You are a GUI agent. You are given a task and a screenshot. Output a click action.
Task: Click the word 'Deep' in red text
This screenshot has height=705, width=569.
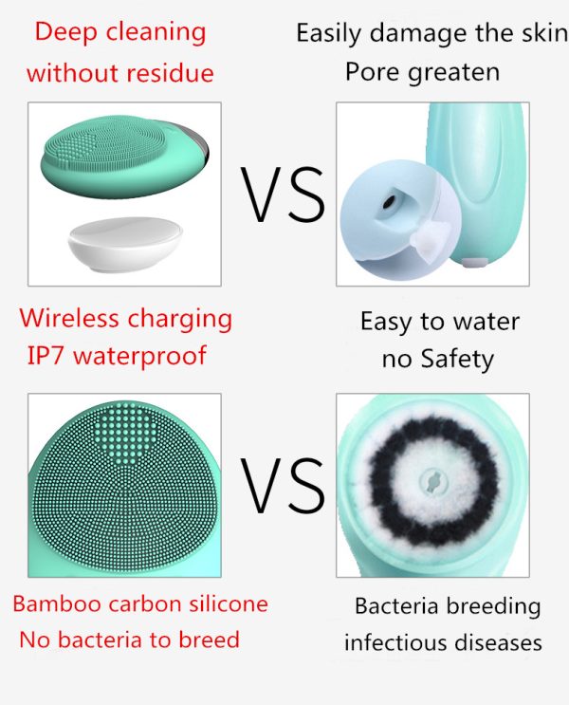65,33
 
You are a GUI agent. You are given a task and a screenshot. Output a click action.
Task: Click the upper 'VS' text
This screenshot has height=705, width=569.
283,195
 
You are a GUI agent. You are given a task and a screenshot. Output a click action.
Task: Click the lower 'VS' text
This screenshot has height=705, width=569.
283,485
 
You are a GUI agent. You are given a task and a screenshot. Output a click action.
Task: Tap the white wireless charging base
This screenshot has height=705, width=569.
125,243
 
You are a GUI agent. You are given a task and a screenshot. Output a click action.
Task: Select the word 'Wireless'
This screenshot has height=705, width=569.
69,318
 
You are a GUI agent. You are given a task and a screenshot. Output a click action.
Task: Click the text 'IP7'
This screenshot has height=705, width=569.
45,355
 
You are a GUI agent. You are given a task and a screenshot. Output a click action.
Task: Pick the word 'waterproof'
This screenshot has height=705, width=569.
139,357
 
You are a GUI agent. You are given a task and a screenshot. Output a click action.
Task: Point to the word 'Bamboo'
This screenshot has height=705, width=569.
57,603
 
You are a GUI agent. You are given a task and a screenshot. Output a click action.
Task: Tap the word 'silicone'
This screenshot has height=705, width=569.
229,603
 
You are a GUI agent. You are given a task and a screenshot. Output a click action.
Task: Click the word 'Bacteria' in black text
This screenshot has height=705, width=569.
396,606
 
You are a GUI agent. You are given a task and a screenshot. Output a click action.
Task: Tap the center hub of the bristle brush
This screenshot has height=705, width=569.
432,482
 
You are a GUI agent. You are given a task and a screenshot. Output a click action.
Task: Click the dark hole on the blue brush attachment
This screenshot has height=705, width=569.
389,202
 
